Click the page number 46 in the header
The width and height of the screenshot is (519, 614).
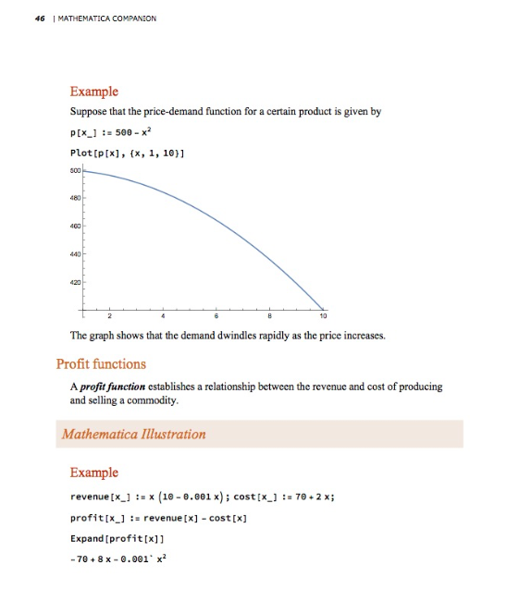pos(41,18)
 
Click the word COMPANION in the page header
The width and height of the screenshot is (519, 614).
pos(131,18)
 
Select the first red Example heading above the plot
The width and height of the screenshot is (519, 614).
pos(94,92)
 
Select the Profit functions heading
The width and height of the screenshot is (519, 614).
pos(101,363)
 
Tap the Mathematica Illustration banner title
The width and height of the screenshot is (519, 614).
pos(134,434)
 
